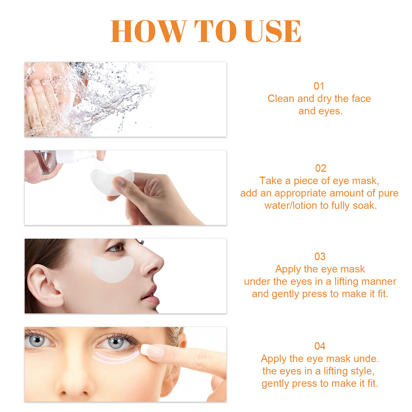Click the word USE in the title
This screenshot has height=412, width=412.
273,31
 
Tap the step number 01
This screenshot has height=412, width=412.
319,86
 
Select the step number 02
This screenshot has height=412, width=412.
321,168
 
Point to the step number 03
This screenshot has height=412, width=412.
320,257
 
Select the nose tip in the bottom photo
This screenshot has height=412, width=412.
75,386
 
